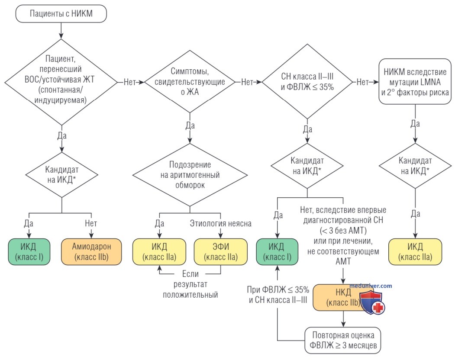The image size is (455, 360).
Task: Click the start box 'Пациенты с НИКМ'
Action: (61, 14)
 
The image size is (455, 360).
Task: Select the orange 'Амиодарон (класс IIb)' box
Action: (91, 252)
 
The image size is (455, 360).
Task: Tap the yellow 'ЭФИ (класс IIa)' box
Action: (221, 252)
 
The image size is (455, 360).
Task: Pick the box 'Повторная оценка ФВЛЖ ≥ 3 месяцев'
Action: (343, 341)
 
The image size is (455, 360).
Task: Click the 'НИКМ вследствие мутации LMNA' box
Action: (415, 81)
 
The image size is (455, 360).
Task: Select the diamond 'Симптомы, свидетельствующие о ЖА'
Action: (190, 81)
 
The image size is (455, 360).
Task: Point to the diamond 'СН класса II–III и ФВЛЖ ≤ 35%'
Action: (307, 81)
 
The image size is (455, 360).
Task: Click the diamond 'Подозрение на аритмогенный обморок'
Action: (190, 175)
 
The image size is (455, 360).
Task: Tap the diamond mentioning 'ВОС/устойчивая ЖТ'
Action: (61, 82)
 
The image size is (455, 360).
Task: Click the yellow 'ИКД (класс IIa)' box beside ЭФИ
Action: (159, 252)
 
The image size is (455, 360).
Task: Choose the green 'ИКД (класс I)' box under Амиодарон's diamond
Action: (29, 252)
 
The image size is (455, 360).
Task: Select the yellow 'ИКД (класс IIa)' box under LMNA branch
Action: (415, 252)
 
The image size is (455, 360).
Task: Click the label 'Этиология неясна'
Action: (220, 223)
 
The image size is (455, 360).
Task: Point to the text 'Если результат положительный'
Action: (190, 284)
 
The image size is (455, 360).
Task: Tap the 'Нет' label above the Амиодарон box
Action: (91, 223)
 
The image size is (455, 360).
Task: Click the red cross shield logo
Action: (372, 303)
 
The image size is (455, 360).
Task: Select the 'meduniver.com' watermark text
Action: (371, 286)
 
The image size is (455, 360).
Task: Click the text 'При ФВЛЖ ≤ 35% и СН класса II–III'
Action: (278, 295)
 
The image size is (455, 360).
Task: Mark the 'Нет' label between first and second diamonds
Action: (130, 82)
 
